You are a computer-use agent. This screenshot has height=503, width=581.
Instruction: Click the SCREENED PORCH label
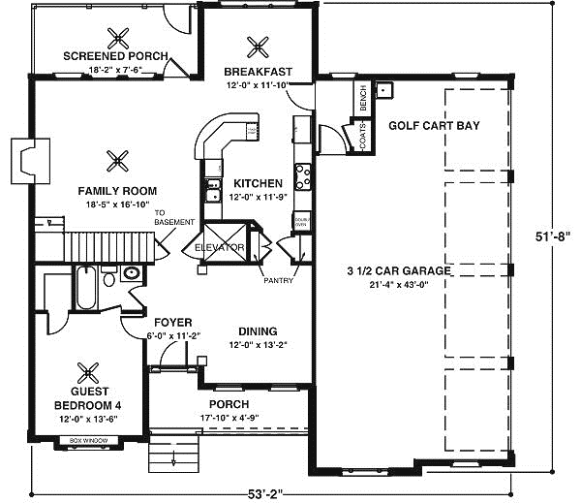(x=115, y=56)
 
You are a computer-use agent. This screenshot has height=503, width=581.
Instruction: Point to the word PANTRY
(x=278, y=281)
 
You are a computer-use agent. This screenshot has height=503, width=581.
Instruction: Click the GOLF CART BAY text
(x=434, y=126)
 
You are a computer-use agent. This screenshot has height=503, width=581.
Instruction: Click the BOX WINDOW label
(x=89, y=441)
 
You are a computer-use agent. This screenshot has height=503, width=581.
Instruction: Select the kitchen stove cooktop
(x=302, y=177)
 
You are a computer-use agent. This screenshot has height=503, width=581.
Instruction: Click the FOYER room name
(x=172, y=322)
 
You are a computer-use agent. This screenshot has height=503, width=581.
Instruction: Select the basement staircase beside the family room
(x=102, y=245)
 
